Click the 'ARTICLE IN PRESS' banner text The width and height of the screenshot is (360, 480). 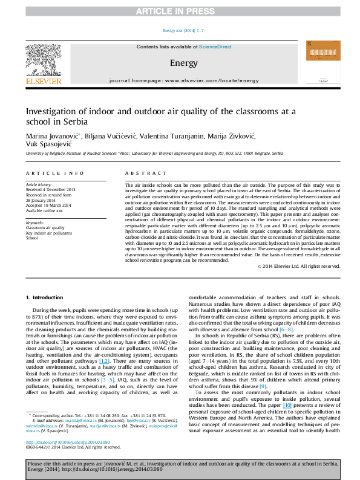point(180,11)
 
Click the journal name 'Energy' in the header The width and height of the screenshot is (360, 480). point(183,63)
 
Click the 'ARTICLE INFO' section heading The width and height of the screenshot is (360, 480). point(47,173)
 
